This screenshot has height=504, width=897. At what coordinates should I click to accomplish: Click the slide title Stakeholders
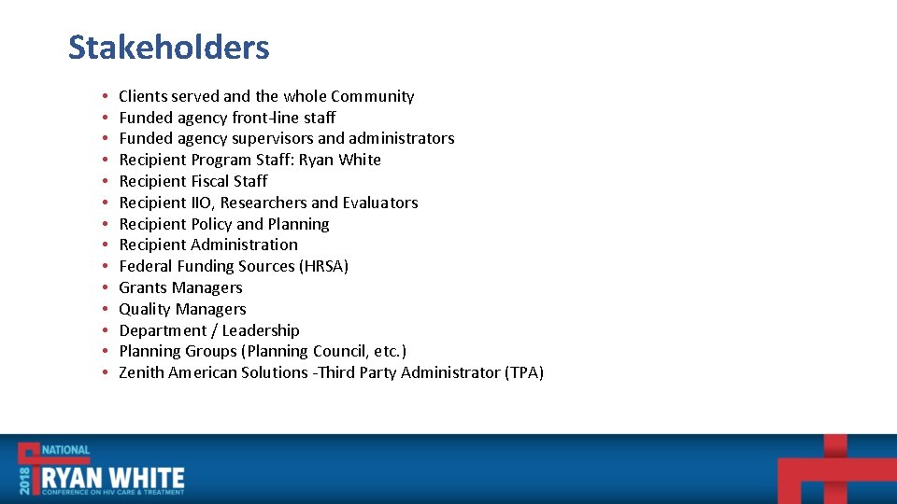[168, 47]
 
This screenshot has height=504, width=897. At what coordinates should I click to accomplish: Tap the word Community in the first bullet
[372, 96]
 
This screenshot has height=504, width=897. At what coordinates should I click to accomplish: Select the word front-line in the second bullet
[263, 118]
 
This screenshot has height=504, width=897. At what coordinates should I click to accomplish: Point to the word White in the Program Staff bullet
[360, 160]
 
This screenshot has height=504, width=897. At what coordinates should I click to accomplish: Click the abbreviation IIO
[201, 203]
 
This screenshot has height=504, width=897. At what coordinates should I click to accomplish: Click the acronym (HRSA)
[324, 266]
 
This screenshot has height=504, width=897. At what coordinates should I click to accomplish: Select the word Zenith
[142, 372]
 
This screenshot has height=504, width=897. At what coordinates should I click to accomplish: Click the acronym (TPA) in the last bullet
[524, 372]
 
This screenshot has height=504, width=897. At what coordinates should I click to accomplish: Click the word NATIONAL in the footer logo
[65, 450]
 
